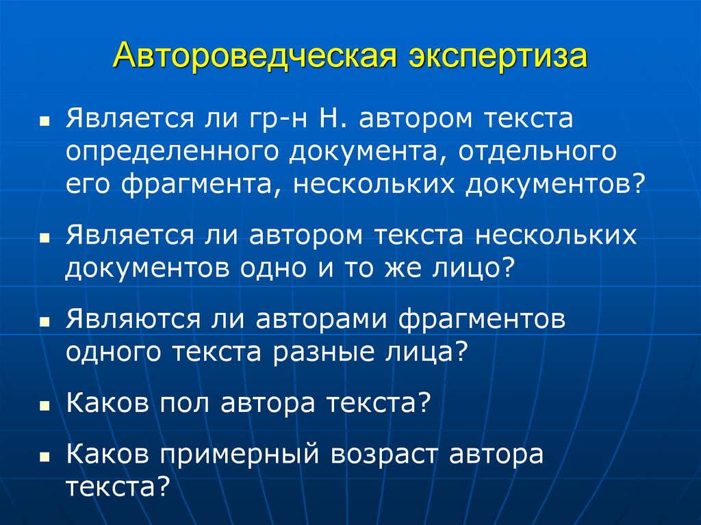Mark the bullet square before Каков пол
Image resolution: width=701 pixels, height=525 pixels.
[44, 406]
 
